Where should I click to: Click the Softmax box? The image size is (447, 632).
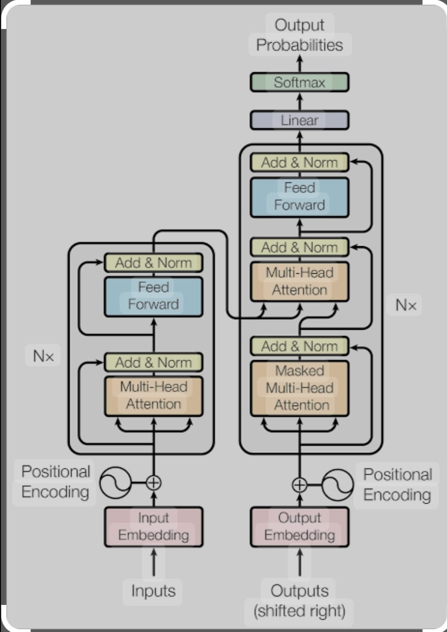tap(300, 82)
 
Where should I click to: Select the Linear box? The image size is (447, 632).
tap(300, 120)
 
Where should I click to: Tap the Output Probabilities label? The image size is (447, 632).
tap(300, 35)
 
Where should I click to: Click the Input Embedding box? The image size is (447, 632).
tap(154, 527)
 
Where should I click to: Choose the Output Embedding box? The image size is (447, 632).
tap(300, 527)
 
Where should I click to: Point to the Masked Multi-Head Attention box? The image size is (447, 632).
tap(300, 388)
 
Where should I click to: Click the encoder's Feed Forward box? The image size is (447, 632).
tap(154, 297)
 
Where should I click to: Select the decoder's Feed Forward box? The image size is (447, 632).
tap(300, 197)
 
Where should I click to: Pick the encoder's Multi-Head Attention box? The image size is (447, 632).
tap(154, 396)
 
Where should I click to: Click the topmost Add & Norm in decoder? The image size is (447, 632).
tap(300, 163)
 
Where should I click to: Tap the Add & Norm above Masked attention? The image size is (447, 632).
tap(300, 346)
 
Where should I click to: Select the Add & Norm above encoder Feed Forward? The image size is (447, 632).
tap(154, 263)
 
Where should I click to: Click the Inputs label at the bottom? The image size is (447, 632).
tap(153, 591)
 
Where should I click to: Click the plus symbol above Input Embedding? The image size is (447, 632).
tap(154, 483)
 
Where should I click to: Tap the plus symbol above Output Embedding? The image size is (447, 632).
tap(300, 485)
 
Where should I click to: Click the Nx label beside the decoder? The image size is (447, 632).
tap(406, 305)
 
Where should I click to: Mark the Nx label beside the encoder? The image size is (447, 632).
tap(43, 356)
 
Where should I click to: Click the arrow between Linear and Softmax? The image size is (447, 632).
tap(300, 101)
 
